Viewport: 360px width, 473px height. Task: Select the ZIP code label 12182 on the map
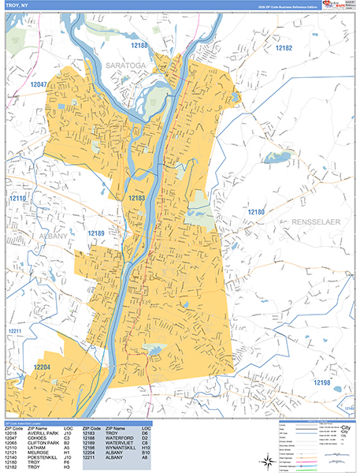[284, 48]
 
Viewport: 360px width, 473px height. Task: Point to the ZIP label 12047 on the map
[39, 84]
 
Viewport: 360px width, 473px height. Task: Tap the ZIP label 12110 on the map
[18, 198]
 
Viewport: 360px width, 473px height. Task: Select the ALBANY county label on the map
[52, 235]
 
